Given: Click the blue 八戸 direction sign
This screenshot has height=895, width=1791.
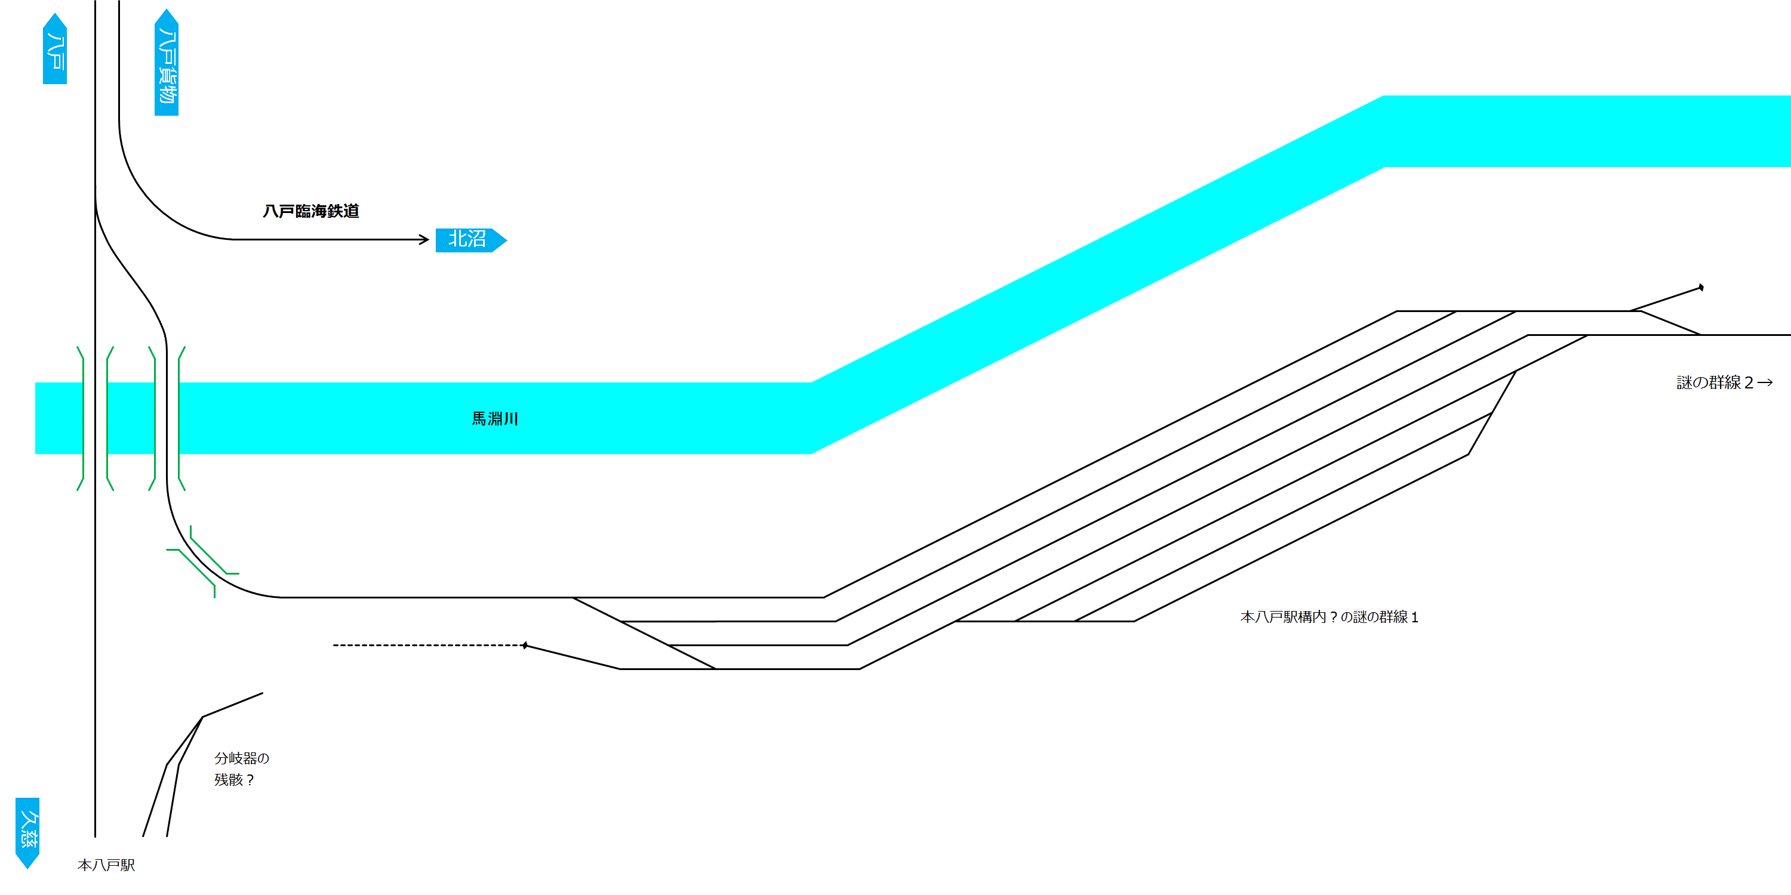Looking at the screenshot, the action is click(x=55, y=49).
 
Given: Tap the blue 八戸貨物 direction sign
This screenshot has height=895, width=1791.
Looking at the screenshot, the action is click(x=166, y=63).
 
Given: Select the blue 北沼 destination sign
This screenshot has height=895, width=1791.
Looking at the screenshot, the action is click(x=470, y=240).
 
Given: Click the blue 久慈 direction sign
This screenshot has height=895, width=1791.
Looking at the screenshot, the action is click(x=27, y=832).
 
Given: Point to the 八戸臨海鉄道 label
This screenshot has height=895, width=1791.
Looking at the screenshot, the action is click(x=311, y=211).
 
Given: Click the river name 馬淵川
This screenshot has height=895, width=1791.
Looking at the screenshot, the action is click(x=494, y=418).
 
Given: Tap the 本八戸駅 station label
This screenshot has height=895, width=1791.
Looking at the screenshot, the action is click(x=106, y=865).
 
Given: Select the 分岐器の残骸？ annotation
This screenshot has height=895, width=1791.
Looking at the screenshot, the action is click(x=241, y=769).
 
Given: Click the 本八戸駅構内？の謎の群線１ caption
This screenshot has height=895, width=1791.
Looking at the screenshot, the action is click(x=1329, y=616).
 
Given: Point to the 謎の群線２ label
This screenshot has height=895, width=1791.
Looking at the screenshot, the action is click(x=1715, y=382).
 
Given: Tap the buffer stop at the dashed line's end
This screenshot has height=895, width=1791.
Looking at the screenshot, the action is click(x=525, y=646).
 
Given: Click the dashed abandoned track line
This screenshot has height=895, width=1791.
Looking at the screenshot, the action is click(x=427, y=646).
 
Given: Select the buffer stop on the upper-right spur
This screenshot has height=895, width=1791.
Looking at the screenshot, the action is click(x=1701, y=287).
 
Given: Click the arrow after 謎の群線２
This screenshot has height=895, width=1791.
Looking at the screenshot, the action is click(x=1765, y=382).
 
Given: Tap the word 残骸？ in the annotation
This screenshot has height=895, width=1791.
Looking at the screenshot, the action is click(x=234, y=780).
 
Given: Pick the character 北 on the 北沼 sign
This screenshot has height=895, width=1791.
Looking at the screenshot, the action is click(x=457, y=239).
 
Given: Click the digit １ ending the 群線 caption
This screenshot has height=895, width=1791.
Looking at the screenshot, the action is click(x=1414, y=617).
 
